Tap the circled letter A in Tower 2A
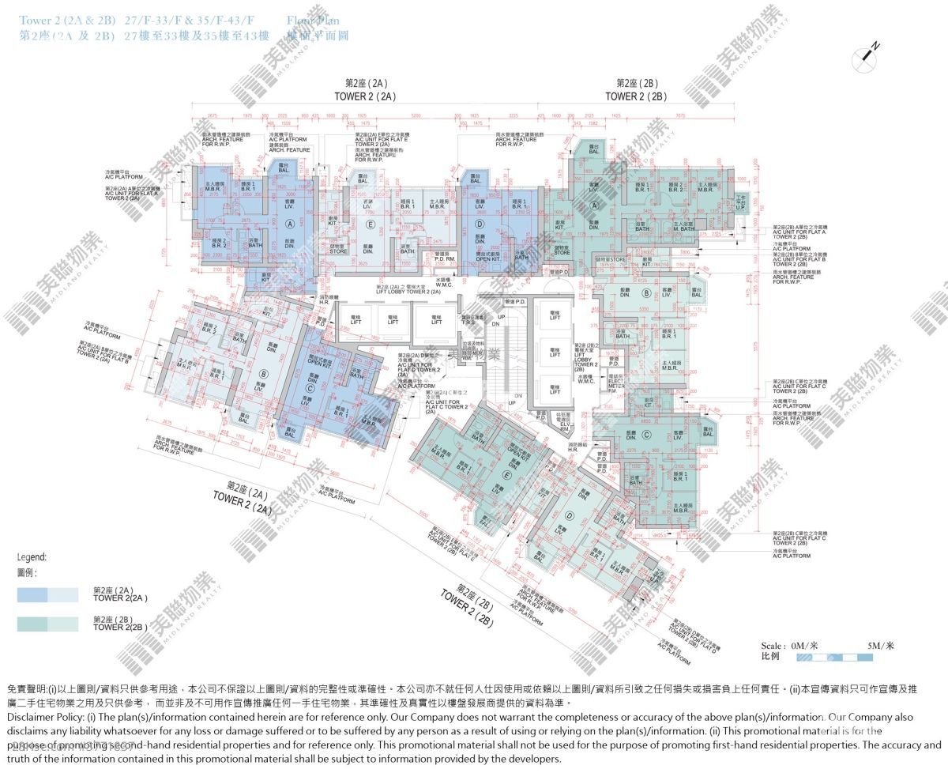tap(290, 224)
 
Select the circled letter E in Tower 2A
tap(371, 224)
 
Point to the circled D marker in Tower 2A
tap(479, 224)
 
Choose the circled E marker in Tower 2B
tap(505, 476)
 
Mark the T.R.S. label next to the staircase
tap(468, 322)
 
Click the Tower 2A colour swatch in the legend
tap(47, 594)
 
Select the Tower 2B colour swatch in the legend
tap(47, 624)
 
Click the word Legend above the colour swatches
tap(31, 556)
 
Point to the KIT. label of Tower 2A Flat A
tap(265, 279)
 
